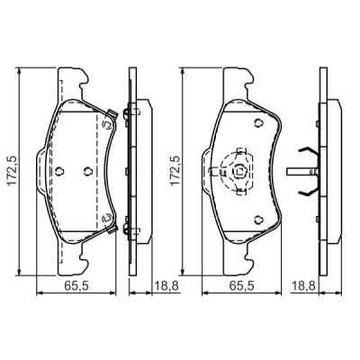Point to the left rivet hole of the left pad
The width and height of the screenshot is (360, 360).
tap(58, 171)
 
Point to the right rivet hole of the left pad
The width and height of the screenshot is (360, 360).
tap(86, 171)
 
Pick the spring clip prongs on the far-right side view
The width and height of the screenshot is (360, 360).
tap(310, 170)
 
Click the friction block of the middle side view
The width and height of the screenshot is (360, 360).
tap(136, 170)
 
